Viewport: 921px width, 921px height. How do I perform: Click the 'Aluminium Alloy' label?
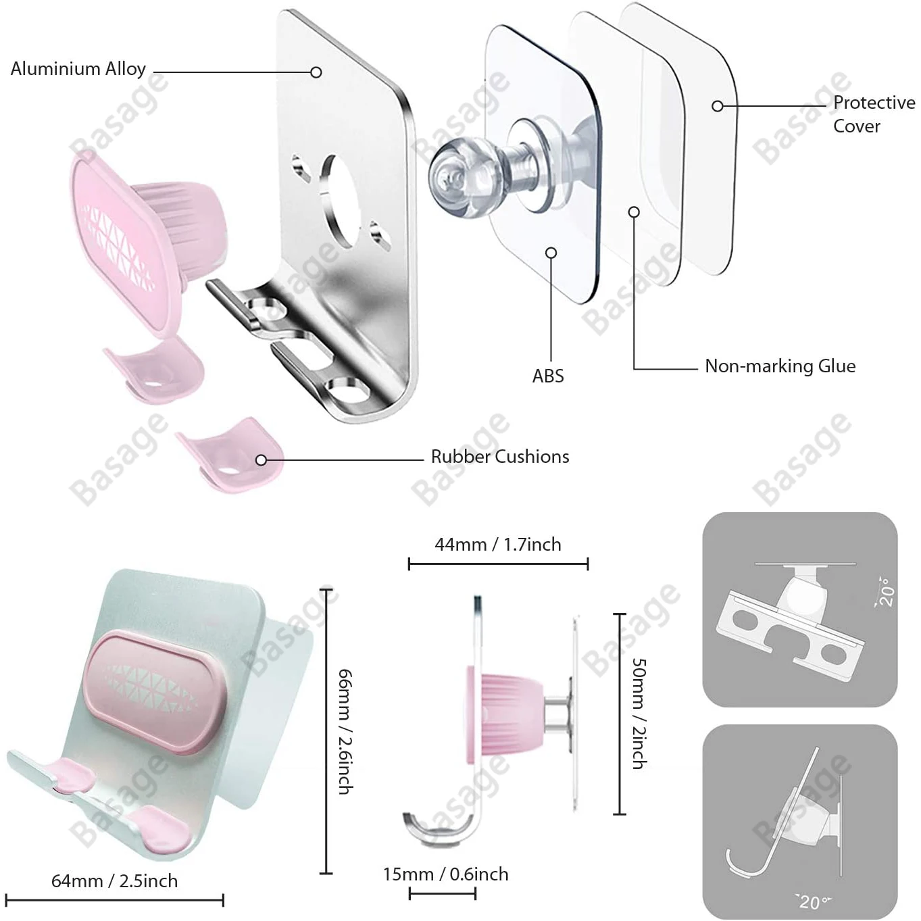[x=78, y=69]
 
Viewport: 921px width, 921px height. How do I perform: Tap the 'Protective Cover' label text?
[x=873, y=114]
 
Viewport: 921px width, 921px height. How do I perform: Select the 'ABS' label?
[x=548, y=376]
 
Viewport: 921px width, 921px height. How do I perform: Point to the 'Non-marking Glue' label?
[x=780, y=366]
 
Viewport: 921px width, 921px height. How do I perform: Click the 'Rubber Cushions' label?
[x=500, y=457]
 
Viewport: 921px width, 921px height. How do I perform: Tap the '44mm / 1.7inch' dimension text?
[x=498, y=545]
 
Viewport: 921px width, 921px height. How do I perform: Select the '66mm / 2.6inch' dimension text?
[x=345, y=731]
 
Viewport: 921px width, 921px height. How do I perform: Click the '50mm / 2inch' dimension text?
[x=639, y=714]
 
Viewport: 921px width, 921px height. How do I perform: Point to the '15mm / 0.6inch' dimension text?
[x=445, y=874]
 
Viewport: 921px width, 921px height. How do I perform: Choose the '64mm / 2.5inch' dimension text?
[x=115, y=881]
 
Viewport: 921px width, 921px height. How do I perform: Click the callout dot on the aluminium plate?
[x=316, y=72]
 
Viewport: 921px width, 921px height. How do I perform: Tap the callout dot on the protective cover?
[x=718, y=106]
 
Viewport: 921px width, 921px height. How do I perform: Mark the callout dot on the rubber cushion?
[x=262, y=460]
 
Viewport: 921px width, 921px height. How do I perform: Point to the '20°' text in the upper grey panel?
[x=886, y=591]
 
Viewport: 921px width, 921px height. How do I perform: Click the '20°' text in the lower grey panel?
[x=812, y=901]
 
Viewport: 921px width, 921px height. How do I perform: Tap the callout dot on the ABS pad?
[x=551, y=253]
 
